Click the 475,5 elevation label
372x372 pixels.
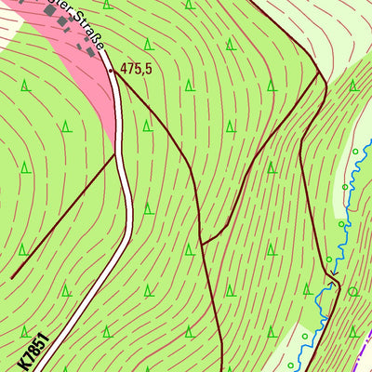[136, 69]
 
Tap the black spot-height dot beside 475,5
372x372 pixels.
[110, 70]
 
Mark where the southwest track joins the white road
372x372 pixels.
[116, 155]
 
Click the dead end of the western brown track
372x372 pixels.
[11, 277]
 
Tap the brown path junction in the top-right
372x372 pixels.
[319, 73]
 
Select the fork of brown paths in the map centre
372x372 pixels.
[202, 244]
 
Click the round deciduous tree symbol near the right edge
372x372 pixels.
[353, 291]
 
